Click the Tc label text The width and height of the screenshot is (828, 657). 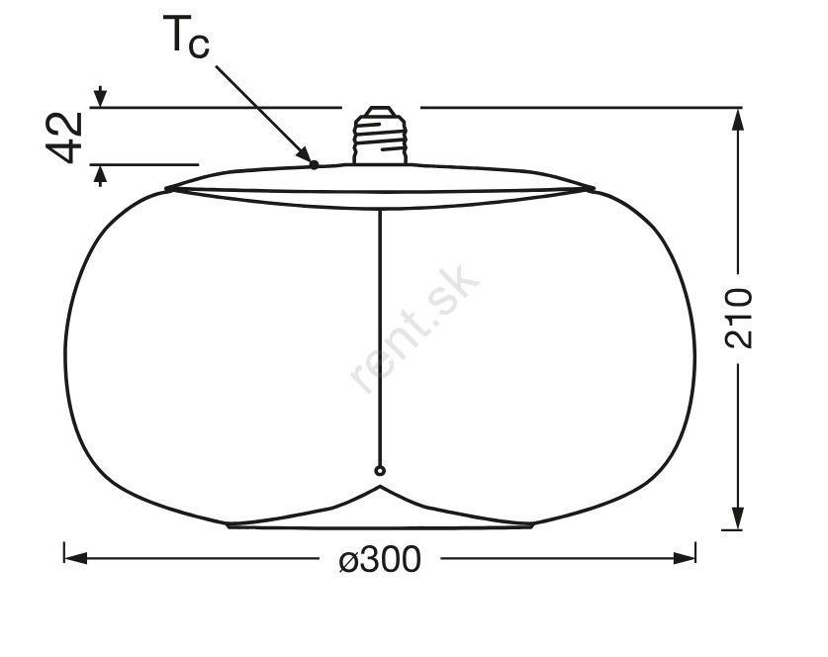click(186, 36)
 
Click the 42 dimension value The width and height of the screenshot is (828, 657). click(65, 138)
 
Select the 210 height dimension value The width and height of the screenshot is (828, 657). click(738, 318)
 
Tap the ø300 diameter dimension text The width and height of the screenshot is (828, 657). click(380, 559)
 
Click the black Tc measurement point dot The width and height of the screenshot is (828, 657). click(315, 165)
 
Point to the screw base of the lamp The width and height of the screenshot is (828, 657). click(380, 135)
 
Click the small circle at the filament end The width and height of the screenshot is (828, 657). click(380, 471)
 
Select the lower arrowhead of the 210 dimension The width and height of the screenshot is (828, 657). click(738, 517)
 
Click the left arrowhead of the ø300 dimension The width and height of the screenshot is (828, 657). click(75, 558)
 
